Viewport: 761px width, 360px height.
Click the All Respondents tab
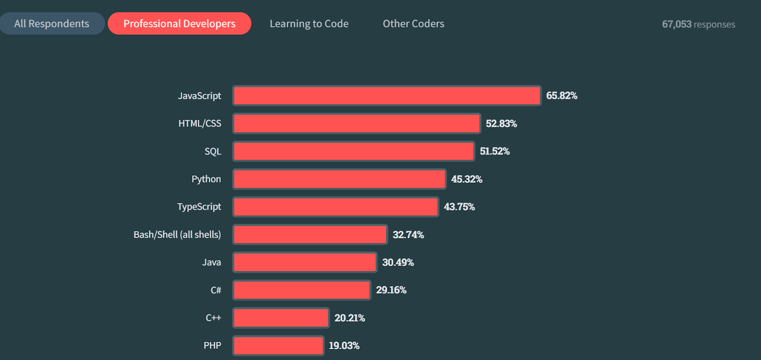coord(52,24)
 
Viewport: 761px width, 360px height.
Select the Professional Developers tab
coord(179,24)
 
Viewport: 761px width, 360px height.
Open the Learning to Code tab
coord(309,24)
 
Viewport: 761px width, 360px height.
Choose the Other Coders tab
coord(413,24)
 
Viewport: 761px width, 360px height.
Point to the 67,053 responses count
coord(698,24)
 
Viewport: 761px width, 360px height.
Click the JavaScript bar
coord(387,96)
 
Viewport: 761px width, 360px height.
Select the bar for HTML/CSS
coord(357,124)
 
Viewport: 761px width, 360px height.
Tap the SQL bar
coord(353,151)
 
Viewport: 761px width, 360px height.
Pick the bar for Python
coord(339,179)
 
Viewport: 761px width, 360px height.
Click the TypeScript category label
coord(199,207)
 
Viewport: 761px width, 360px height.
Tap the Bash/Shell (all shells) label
coord(177,234)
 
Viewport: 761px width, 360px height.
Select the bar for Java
coord(305,263)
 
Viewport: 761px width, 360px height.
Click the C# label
coord(216,290)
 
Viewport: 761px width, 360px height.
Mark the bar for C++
coord(281,318)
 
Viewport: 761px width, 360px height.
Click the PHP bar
coord(278,346)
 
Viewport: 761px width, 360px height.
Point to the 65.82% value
coord(561,96)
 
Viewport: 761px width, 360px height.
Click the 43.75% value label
coord(459,207)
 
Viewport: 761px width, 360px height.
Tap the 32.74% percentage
coord(408,234)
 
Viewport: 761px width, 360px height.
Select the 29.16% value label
coord(391,290)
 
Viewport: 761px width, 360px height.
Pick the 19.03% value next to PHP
coord(344,346)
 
